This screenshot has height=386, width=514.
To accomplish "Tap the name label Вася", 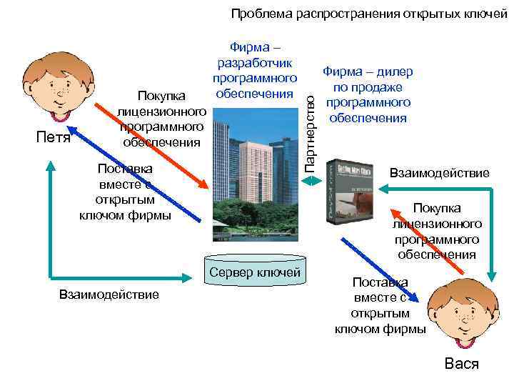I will pyautogui.click(x=462, y=364).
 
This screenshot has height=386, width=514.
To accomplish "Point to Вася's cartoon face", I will pyautogui.click(x=460, y=315).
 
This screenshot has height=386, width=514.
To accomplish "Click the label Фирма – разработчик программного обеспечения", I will pyautogui.click(x=254, y=71).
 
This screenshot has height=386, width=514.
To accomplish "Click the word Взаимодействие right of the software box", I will pyautogui.click(x=439, y=173).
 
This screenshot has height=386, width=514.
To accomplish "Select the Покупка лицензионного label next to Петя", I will pyautogui.click(x=162, y=118).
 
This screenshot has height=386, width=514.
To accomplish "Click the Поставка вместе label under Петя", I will pyautogui.click(x=126, y=192).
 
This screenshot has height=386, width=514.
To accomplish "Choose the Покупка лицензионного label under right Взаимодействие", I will pyautogui.click(x=437, y=231).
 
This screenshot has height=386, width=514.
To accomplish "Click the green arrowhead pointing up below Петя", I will pyautogui.click(x=50, y=164).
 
